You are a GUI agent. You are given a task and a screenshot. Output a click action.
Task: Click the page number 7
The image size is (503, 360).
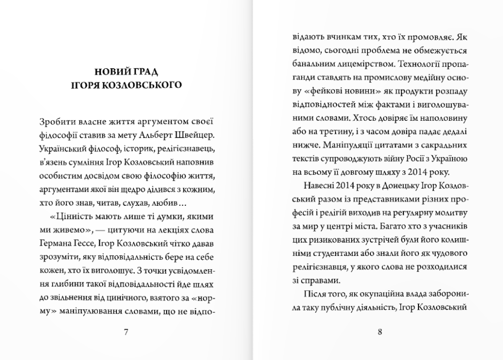click(x=126, y=332)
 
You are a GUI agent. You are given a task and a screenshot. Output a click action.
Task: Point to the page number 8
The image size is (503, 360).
click(x=380, y=332)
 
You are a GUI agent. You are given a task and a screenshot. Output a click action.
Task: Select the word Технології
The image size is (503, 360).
click(x=414, y=64)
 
